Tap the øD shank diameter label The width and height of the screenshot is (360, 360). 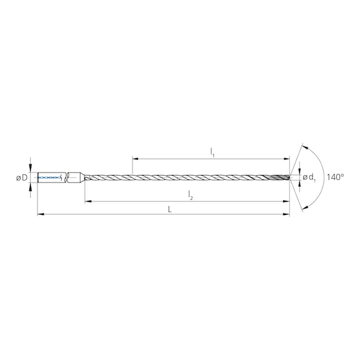tap(21, 178)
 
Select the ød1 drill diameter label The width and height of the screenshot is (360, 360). tap(309, 179)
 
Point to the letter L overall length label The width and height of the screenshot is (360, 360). tap(170, 209)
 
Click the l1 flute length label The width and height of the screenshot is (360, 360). tap(212, 151)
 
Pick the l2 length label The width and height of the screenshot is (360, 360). tap(191, 196)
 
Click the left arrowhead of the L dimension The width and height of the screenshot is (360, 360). tap(40, 214)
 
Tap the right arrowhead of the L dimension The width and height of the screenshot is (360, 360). tap(287, 214)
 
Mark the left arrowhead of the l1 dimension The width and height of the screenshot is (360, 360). tap(135, 157)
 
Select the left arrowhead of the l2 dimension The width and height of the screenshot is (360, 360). tap(87, 201)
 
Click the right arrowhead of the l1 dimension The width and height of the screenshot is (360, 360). tap(287, 157)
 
